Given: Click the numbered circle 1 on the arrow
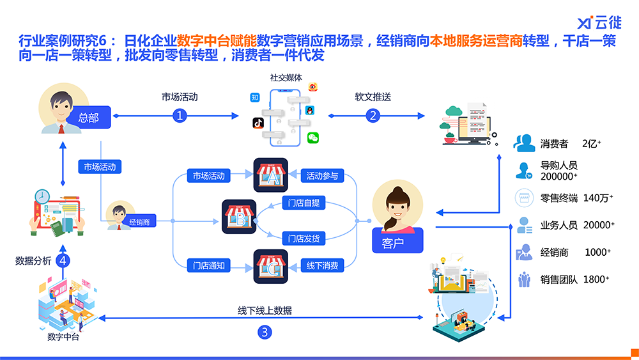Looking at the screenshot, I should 180,116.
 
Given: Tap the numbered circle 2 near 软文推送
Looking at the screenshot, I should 373,116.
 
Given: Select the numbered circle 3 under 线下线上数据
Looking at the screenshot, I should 265,332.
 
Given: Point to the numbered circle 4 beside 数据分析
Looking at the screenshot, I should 63,261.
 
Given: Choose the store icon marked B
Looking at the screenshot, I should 239,217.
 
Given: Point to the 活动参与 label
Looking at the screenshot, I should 322,175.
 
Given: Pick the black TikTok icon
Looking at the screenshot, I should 258,122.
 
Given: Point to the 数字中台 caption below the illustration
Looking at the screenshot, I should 63,337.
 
